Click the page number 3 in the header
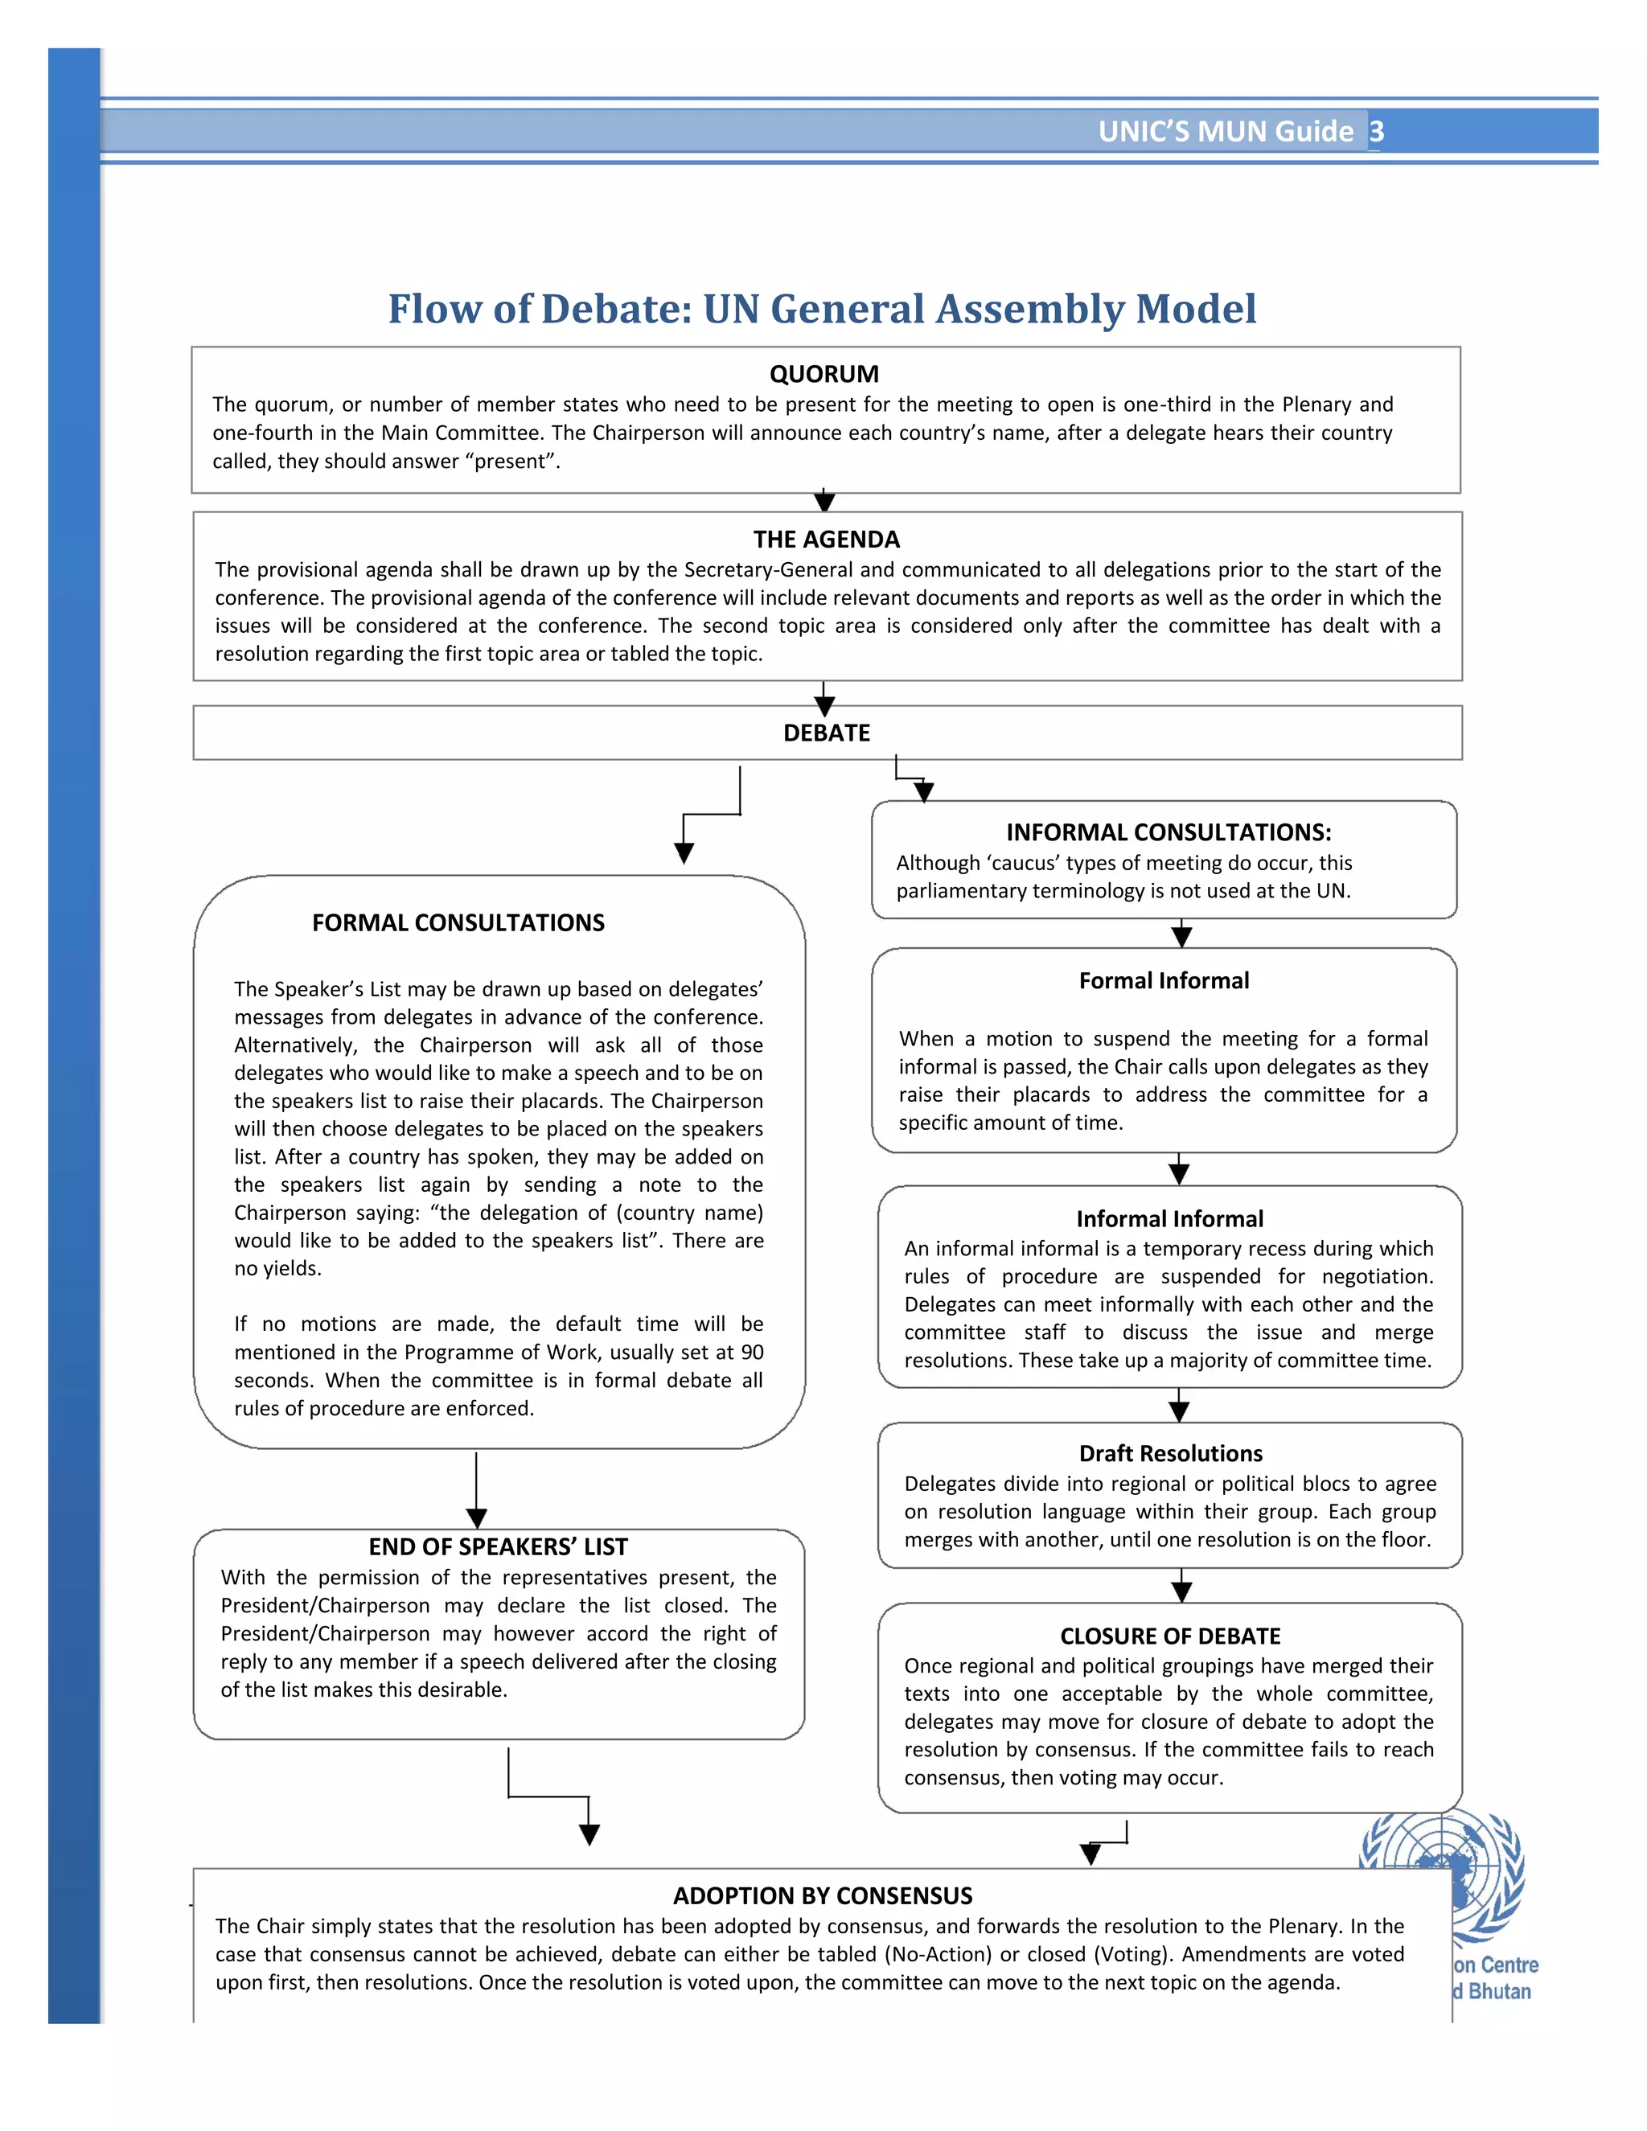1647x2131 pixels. coord(1376,131)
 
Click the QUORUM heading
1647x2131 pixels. coord(823,374)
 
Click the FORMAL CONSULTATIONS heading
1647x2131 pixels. coord(458,922)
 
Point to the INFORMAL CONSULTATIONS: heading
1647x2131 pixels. coord(1168,831)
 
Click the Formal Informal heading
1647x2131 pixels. coord(1163,980)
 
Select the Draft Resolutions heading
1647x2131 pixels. coord(1170,1453)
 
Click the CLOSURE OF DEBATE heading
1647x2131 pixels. coord(1170,1636)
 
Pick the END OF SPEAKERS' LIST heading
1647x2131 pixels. coord(498,1546)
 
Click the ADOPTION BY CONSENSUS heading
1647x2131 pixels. coord(822,1896)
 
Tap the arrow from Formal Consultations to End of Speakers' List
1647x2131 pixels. coord(476,1493)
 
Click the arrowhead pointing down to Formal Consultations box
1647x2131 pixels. coord(684,852)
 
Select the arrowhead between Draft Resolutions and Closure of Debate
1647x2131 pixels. coord(1181,1591)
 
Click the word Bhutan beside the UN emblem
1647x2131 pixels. coord(1499,1991)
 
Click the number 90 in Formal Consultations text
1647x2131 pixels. coord(751,1353)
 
